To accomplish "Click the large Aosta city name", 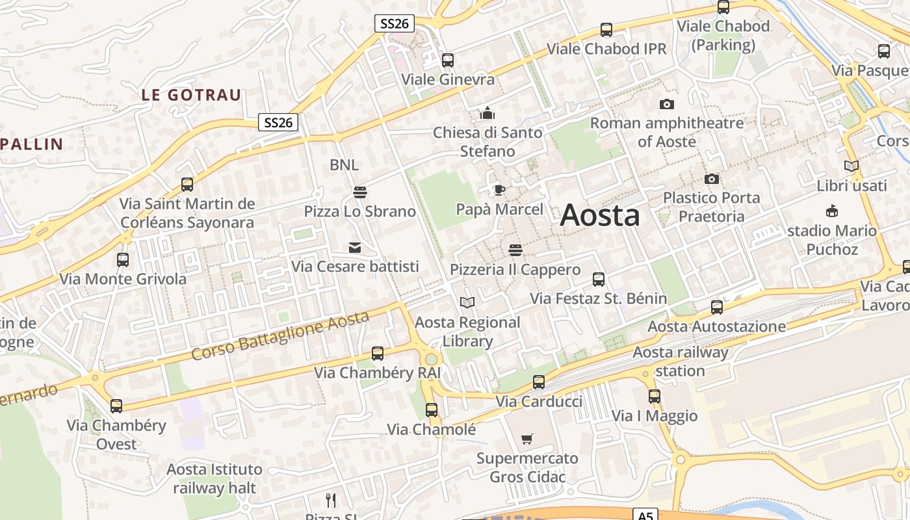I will click(599, 215).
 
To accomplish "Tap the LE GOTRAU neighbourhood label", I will click(191, 95).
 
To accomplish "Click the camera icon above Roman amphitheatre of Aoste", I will click(666, 104).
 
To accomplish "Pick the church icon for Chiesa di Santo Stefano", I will click(487, 114).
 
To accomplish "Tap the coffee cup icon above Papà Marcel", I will click(499, 190).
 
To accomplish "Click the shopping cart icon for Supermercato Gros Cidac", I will click(526, 439).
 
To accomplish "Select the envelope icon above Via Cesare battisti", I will click(354, 248).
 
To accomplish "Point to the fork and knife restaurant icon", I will click(331, 500).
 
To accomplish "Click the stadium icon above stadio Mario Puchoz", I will click(831, 211).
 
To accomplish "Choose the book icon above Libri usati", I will click(851, 166).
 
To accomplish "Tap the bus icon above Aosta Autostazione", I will click(716, 307).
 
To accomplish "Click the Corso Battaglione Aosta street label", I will click(280, 336).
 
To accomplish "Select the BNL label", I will click(344, 165).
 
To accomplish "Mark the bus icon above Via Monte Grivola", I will click(122, 260).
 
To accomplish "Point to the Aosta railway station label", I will click(681, 361).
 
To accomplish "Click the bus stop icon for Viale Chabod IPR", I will click(606, 30).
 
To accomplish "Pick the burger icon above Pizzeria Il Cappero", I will click(515, 250).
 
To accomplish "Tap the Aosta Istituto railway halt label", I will click(214, 478).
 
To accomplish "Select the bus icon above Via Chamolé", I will click(431, 410).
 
